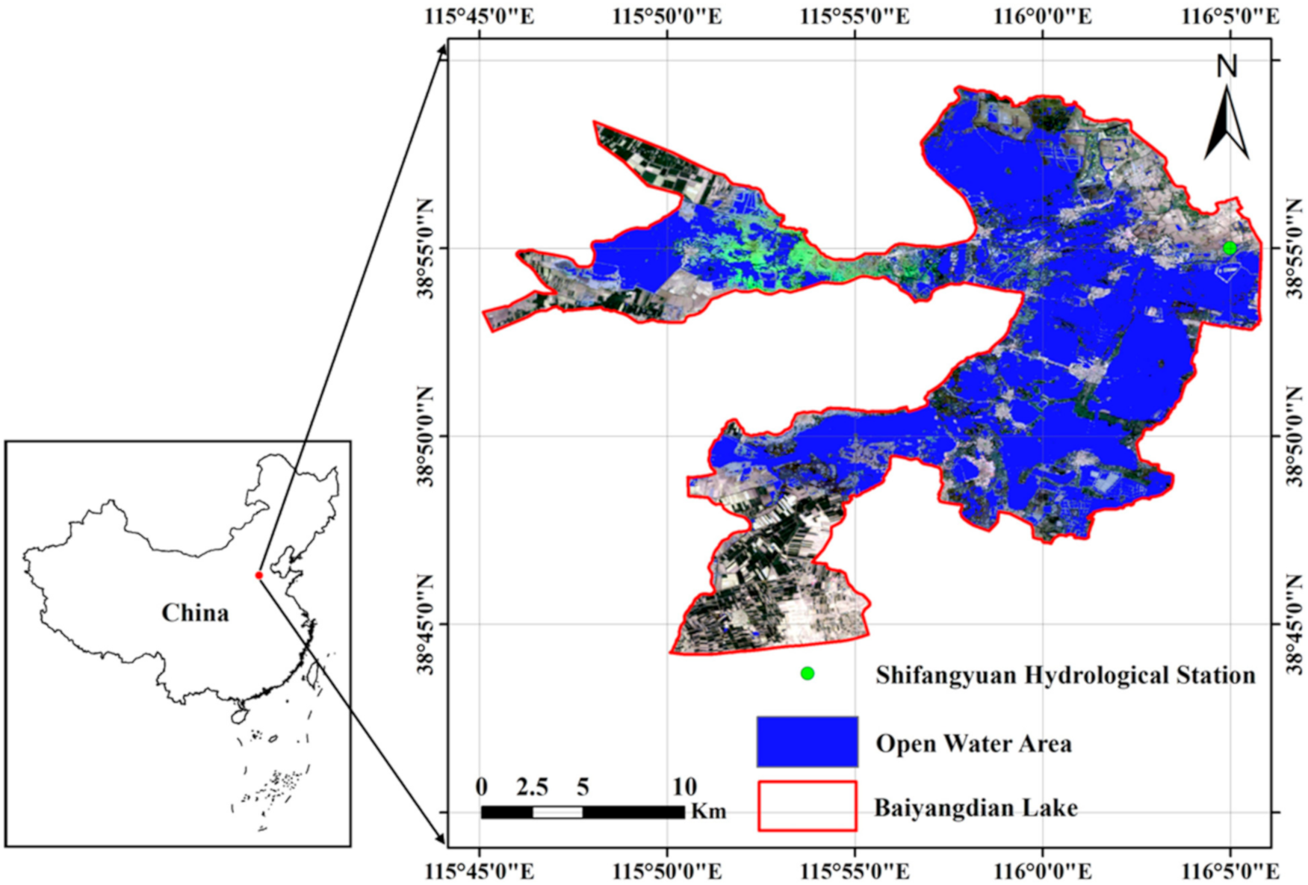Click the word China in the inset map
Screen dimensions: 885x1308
coord(195,613)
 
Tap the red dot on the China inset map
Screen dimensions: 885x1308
coord(259,575)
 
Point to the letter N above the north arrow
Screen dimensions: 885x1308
coord(1227,66)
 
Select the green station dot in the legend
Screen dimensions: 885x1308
coord(807,674)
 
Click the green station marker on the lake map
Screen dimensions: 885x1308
coord(1230,248)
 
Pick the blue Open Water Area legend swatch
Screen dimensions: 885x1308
coord(807,742)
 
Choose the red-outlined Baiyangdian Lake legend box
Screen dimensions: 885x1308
coord(807,806)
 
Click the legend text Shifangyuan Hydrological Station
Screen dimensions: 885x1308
coord(1065,675)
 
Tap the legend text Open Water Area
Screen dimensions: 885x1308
coord(973,744)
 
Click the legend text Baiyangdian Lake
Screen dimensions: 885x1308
coord(976,808)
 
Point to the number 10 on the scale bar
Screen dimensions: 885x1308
coord(684,787)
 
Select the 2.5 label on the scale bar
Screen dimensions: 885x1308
coord(532,787)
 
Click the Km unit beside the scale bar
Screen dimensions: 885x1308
coord(708,812)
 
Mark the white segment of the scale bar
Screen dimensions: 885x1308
coord(557,812)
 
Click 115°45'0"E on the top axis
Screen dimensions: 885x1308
coord(480,16)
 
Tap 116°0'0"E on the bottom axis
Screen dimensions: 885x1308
coord(1042,872)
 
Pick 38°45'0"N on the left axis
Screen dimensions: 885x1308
coord(426,624)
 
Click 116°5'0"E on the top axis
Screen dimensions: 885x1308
coord(1230,16)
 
